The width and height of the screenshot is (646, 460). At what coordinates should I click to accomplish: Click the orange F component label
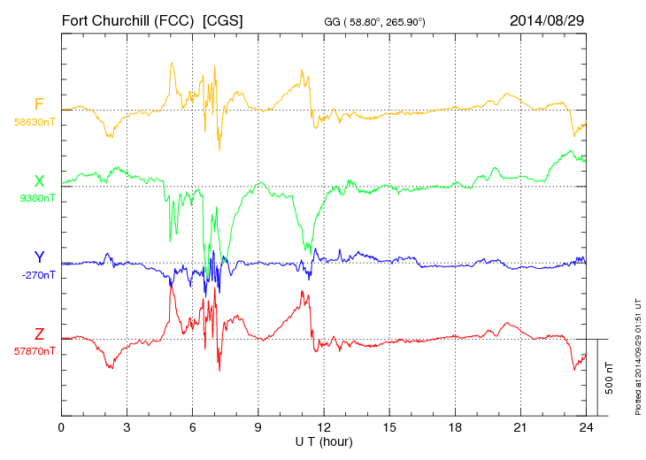(x=39, y=104)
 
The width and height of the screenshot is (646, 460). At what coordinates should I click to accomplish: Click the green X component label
(x=39, y=181)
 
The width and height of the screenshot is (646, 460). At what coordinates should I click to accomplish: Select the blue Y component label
(x=39, y=257)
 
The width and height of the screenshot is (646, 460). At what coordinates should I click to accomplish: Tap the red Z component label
(x=39, y=334)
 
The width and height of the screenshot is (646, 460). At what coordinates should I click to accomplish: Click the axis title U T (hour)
(x=324, y=441)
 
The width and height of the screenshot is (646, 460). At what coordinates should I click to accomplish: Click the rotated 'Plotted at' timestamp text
(x=638, y=354)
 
